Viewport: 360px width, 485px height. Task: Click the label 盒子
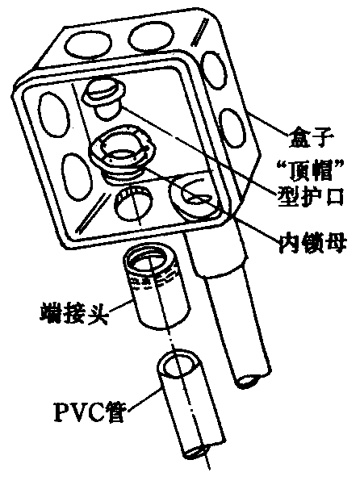coord(311,137)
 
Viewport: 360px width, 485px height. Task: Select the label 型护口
coord(310,195)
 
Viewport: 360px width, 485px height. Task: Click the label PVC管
coord(89,411)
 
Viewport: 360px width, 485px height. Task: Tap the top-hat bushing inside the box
coord(105,97)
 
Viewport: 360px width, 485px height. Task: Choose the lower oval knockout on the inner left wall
coord(77,175)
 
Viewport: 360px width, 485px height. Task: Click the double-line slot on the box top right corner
coord(200,31)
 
